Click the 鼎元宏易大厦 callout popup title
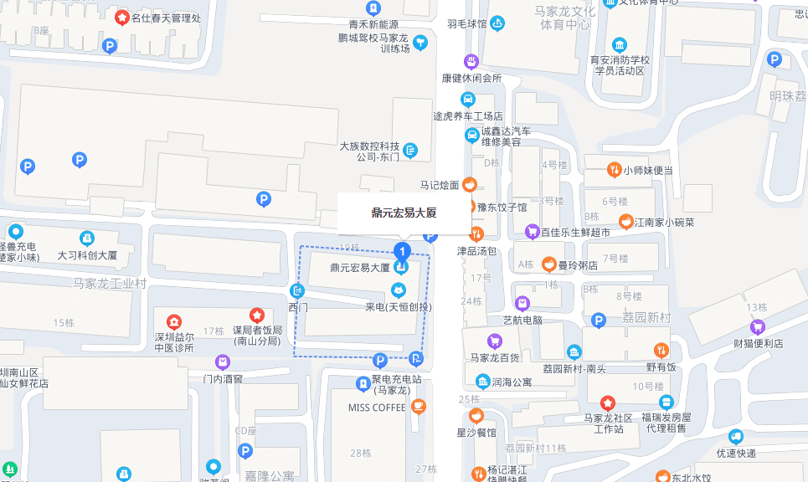click(404, 213)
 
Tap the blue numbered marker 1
click(402, 250)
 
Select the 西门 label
click(298, 307)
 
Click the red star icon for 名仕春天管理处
click(122, 17)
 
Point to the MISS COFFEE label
click(377, 408)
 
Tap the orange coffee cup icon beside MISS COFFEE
click(419, 407)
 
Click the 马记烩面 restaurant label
click(439, 184)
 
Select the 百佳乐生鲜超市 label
click(575, 232)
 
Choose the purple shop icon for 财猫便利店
click(758, 327)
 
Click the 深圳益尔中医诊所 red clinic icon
click(173, 321)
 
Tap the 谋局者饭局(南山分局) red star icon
click(257, 315)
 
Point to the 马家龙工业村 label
click(110, 284)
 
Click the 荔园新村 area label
click(646, 317)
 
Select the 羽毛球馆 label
click(466, 24)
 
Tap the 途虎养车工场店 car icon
click(468, 100)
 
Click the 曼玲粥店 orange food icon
click(548, 265)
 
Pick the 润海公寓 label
click(512, 382)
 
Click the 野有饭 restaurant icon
click(661, 350)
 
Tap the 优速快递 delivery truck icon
click(736, 436)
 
